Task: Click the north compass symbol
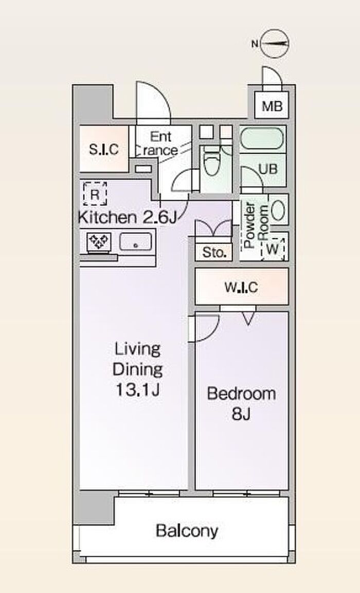275,44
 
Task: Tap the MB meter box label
272,106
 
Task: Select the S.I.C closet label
104,150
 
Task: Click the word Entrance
160,143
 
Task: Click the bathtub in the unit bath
262,139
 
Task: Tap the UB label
268,169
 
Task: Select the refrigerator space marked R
95,194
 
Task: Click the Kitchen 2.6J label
127,217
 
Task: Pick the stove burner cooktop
99,242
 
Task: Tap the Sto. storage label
214,252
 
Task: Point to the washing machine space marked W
273,249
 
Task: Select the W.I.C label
241,288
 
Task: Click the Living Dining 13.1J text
138,369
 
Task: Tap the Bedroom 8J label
241,403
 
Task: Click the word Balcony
187,531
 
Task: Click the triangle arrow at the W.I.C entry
248,319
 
